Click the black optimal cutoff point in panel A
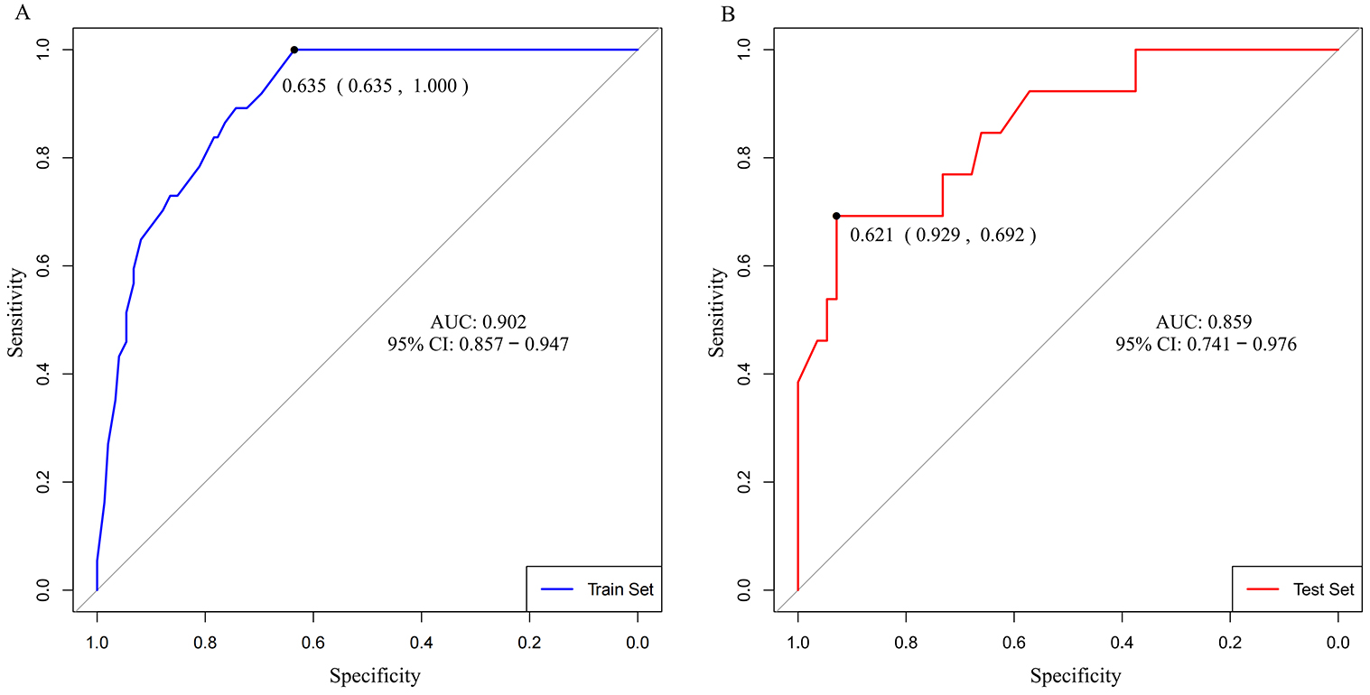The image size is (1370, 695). pos(294,50)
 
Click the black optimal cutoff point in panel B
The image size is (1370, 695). pos(836,216)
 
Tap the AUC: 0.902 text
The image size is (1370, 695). pos(479,321)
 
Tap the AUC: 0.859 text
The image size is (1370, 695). pos(1204,321)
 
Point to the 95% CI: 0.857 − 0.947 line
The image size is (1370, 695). pos(478,344)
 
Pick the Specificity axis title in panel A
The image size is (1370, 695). pos(375,675)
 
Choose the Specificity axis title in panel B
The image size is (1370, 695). pos(1076,675)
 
